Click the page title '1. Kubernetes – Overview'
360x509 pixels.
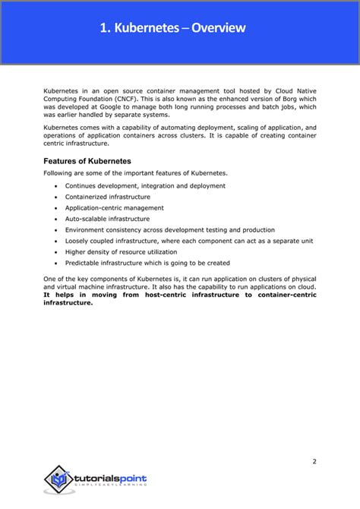click(172, 29)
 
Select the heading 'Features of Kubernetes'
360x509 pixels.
click(87, 161)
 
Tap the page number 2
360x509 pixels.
click(314, 440)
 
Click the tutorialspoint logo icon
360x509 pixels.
click(58, 479)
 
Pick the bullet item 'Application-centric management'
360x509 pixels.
click(114, 207)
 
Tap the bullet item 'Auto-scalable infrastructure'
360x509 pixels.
click(108, 218)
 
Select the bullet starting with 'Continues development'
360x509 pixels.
click(145, 185)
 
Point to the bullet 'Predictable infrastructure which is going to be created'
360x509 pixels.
click(147, 263)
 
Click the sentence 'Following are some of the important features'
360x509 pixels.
click(134, 173)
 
